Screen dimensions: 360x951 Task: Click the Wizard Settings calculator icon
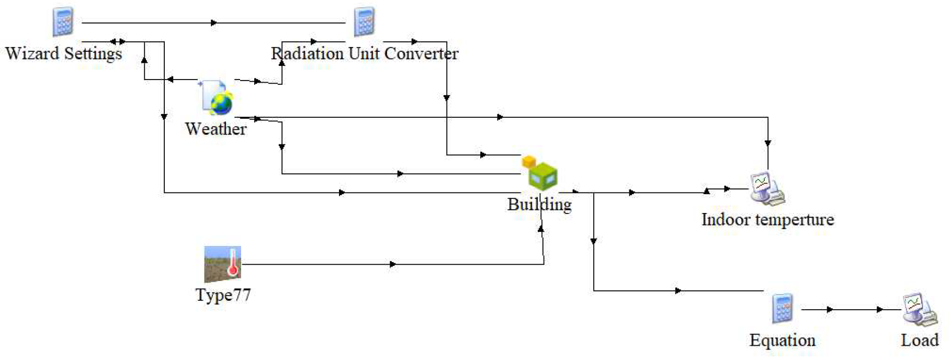[63, 22]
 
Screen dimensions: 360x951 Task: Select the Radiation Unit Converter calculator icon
[364, 22]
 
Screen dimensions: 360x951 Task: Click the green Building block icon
[542, 176]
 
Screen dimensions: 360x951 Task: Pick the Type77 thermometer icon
[223, 264]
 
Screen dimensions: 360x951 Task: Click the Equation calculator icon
[783, 309]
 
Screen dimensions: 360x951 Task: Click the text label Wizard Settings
[63, 53]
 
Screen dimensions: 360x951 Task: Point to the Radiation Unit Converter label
[364, 53]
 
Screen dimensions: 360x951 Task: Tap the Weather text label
[216, 129]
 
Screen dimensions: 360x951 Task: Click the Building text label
[539, 204]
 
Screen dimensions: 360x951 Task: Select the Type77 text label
[223, 295]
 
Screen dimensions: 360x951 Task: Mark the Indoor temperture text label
[767, 220]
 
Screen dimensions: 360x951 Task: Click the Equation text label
[782, 341]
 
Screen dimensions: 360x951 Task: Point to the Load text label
[920, 341]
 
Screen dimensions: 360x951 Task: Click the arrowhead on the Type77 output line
[393, 264]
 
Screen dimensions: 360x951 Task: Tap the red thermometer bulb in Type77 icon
[233, 271]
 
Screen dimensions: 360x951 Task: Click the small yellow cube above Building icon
[529, 161]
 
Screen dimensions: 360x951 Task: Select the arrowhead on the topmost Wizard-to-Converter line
[213, 23]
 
